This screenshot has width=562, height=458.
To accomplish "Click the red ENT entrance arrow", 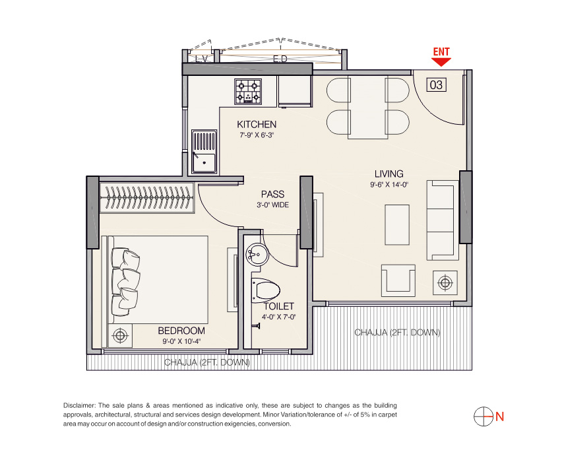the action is click(441, 62).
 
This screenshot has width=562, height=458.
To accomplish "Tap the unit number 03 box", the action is click(436, 84).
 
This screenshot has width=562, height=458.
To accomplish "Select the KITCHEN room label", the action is click(257, 125).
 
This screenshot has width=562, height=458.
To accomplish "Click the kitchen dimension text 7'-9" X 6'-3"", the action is click(257, 135).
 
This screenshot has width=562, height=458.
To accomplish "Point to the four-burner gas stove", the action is click(248, 92).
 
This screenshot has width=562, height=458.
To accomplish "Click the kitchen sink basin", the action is click(204, 152).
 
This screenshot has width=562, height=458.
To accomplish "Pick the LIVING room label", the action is click(389, 174).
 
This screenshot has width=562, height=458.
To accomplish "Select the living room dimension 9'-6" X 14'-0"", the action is click(389, 185).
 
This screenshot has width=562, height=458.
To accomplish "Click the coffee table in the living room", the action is click(397, 225).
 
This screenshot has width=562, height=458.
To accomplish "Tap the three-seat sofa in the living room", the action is click(443, 220).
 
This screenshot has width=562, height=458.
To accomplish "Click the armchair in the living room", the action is click(398, 280).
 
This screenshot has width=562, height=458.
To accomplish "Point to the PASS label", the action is click(273, 195).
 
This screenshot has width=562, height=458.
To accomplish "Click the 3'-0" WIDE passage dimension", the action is click(273, 205).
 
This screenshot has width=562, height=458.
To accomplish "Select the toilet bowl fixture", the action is click(266, 290).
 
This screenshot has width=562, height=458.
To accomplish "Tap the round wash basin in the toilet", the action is click(257, 254).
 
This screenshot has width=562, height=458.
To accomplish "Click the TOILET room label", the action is click(279, 306).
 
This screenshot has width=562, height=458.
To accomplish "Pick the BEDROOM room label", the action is click(181, 331).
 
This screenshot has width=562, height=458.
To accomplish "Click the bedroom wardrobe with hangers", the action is click(147, 198).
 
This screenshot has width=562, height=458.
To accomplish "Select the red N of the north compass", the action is click(499, 416).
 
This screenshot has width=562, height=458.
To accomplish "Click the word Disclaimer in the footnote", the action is click(79, 406).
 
